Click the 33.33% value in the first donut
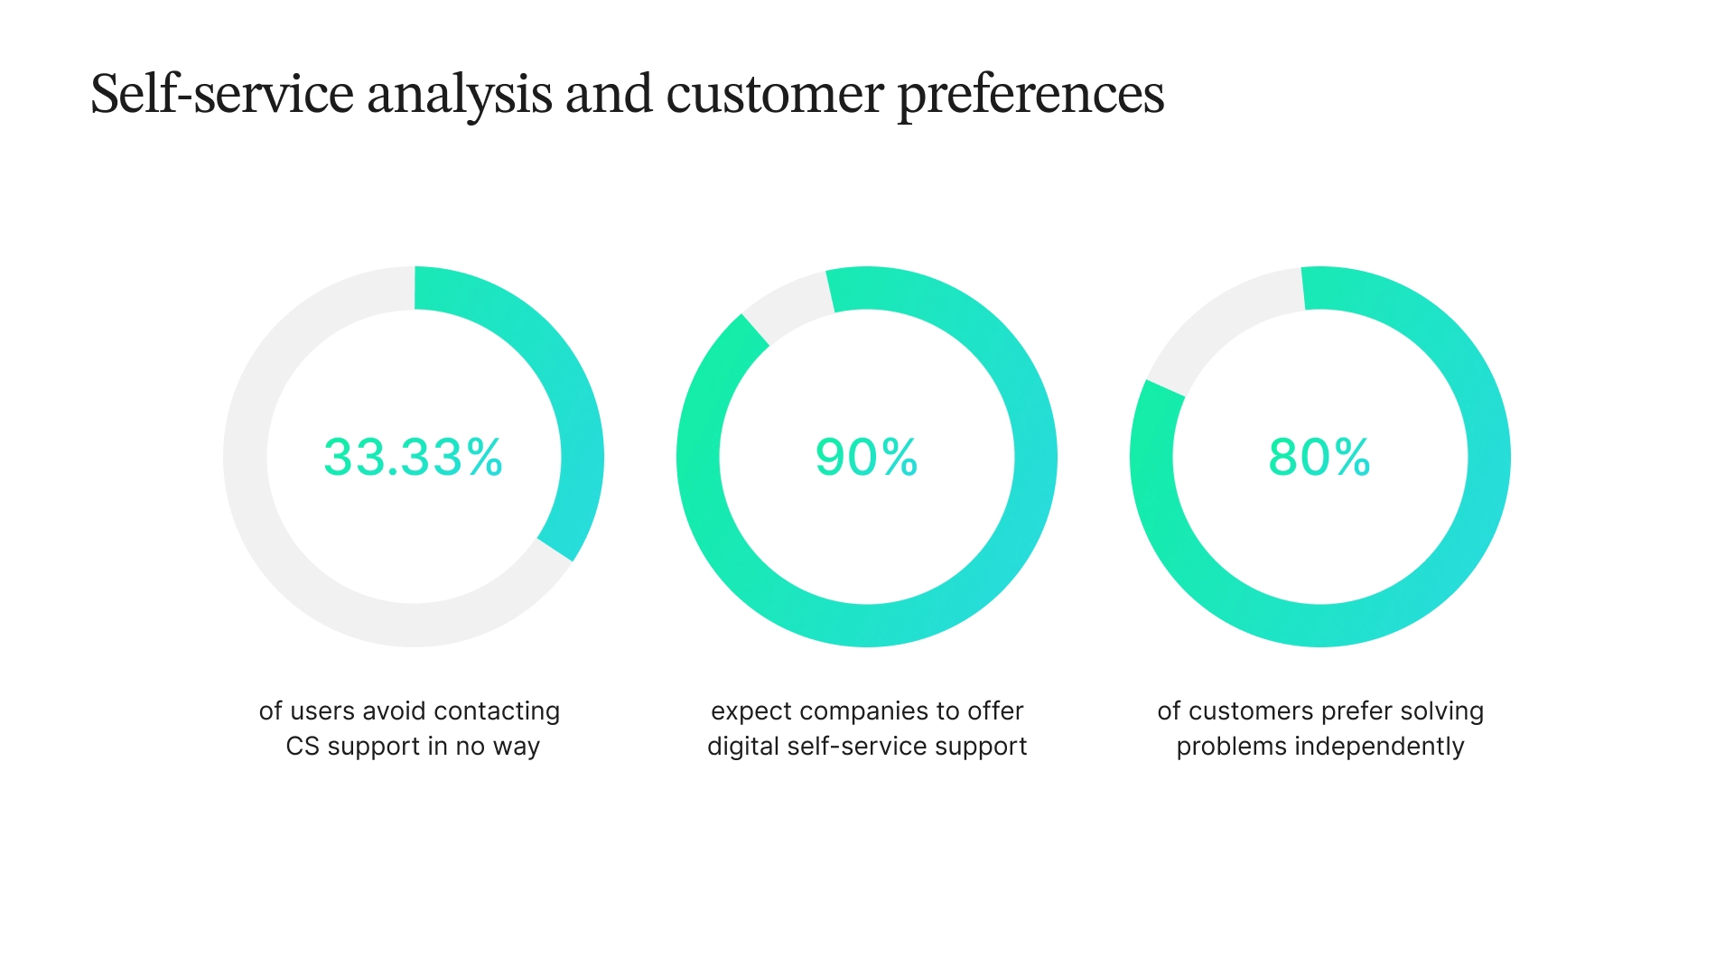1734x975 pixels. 413,457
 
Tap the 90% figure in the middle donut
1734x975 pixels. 866,457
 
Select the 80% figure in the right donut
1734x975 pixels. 1319,457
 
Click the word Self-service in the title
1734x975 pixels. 222,94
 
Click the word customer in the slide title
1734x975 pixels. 774,94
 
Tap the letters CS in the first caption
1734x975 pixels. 303,747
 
